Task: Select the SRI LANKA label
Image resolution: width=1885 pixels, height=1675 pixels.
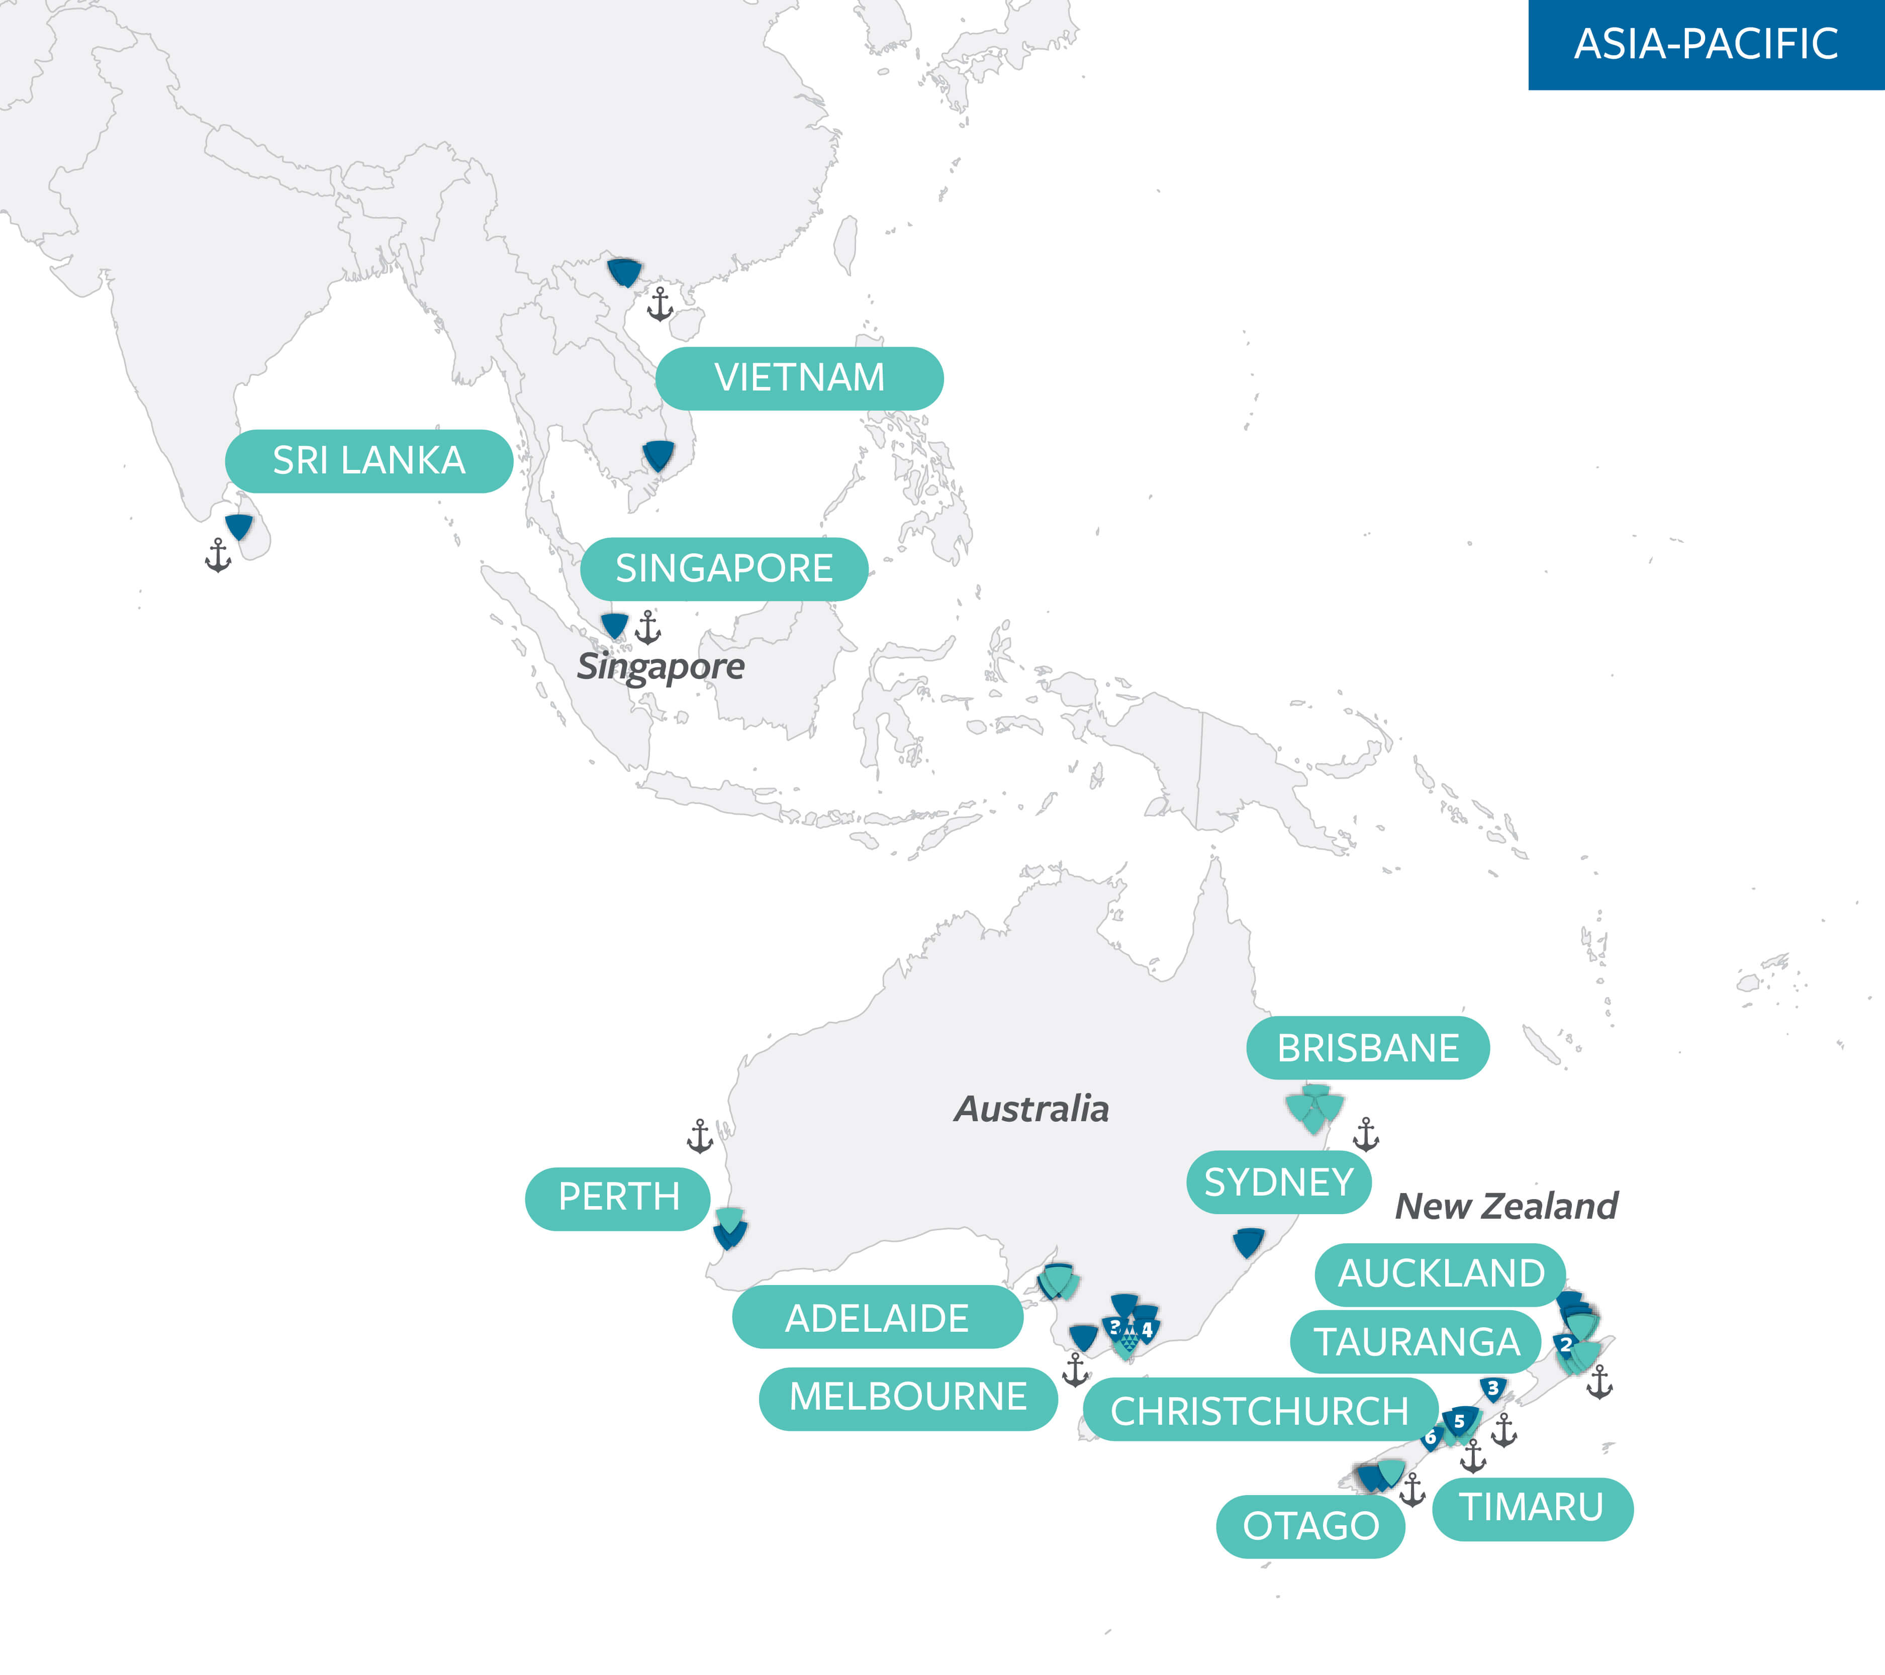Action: click(x=369, y=461)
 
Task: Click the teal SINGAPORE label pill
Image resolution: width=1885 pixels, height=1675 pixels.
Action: click(x=724, y=569)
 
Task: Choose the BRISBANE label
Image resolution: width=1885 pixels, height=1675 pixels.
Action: click(x=1368, y=1048)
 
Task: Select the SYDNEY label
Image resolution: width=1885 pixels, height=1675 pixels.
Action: click(x=1279, y=1183)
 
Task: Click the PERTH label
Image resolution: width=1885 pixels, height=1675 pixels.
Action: click(x=618, y=1198)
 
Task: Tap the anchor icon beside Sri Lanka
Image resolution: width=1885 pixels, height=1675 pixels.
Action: click(x=219, y=556)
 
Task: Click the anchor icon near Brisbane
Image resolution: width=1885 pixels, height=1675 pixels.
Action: click(x=1366, y=1135)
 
